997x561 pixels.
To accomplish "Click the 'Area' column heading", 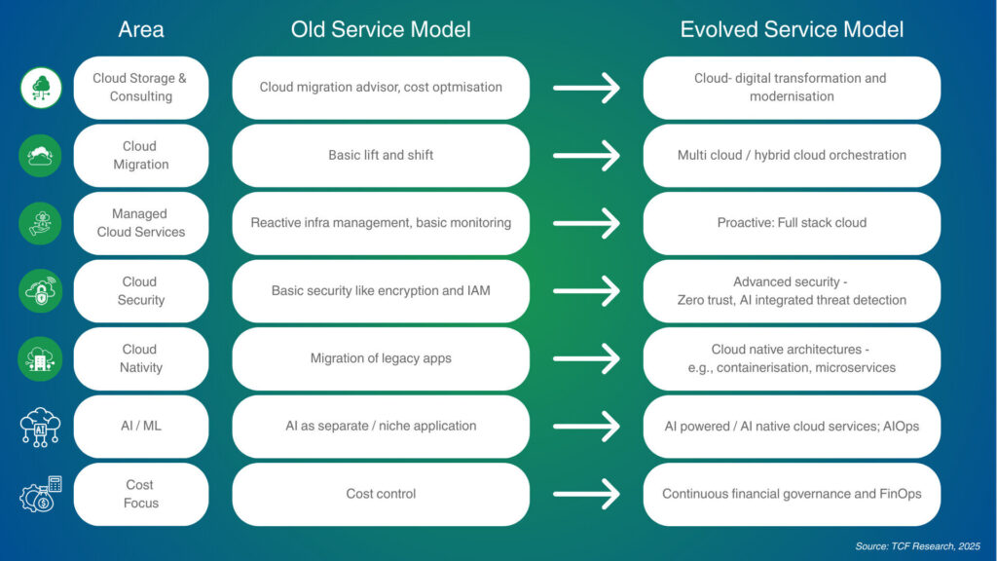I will pos(141,30).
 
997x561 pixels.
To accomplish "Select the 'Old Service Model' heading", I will pos(381,30).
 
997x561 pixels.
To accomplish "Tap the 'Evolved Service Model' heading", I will pos(792,30).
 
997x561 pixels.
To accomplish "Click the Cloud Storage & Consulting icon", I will pos(41,88).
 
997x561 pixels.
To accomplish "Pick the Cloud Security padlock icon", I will pos(41,291).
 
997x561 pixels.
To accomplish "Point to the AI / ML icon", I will pos(41,427).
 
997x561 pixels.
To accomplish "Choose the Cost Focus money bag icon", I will pos(41,494).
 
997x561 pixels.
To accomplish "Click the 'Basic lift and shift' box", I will pos(381,155).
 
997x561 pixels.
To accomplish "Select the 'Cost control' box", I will pos(381,494).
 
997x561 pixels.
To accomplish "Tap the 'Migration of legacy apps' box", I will pos(381,358).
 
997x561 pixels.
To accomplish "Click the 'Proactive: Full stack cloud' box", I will pos(792,223).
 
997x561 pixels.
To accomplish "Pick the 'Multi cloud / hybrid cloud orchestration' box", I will pos(792,155).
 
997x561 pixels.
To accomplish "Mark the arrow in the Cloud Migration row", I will pos(586,155).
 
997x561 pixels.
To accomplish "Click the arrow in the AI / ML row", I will pos(586,427).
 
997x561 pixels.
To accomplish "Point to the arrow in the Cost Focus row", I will pos(586,494).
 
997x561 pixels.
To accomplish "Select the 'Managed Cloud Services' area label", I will pos(141,223).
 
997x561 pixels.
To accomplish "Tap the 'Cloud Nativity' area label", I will pos(141,358).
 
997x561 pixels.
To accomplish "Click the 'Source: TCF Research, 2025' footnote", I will pos(917,546).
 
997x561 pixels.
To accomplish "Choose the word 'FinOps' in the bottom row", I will pos(900,494).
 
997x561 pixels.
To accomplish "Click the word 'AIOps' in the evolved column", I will pos(899,427).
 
